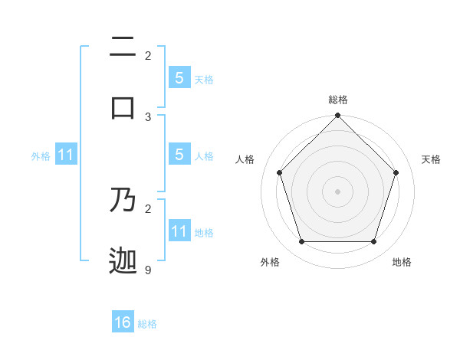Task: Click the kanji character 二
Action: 123,48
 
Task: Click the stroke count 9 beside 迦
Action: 148,270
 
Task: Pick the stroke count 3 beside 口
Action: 148,116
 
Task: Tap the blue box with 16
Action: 123,322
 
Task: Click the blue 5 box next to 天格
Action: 179,77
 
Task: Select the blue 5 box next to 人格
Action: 179,155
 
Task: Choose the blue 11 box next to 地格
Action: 179,231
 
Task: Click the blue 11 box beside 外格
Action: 66,155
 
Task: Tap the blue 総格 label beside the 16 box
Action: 147,324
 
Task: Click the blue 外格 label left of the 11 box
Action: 41,155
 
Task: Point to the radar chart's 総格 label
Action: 337,100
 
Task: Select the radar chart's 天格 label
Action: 431,159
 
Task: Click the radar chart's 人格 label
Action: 245,159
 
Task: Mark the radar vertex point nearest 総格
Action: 337,116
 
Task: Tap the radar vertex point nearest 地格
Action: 374,242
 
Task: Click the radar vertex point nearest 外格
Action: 301,242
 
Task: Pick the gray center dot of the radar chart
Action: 337,191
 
